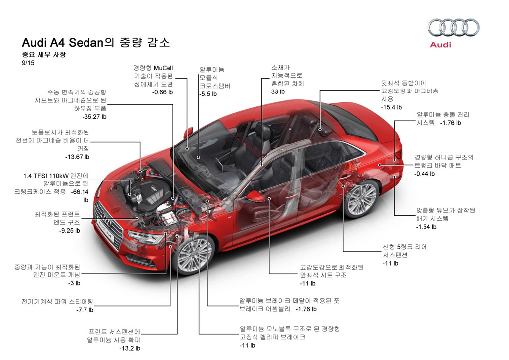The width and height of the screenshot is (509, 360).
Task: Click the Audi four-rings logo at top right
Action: tap(453, 27)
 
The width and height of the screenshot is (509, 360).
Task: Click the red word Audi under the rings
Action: tap(440, 44)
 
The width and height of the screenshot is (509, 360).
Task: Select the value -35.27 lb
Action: tap(94, 116)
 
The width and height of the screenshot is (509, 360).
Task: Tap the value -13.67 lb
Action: tap(77, 157)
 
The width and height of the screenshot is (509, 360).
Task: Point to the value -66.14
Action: tap(80, 192)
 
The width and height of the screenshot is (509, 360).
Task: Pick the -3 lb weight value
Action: tap(74, 283)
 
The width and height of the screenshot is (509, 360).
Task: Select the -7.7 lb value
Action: tap(85, 310)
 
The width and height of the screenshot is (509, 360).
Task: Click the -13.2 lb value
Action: tap(130, 348)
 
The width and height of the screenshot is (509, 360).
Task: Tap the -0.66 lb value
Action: tap(163, 92)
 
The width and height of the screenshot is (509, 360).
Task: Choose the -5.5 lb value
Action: tap(208, 94)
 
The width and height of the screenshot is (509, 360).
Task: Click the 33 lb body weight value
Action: tap(278, 92)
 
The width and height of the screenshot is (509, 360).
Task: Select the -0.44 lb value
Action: tap(424, 174)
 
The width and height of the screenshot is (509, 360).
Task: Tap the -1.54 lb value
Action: tap(426, 227)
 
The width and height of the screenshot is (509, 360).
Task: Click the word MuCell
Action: tap(163, 68)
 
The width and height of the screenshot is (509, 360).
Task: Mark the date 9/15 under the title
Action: tap(28, 63)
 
